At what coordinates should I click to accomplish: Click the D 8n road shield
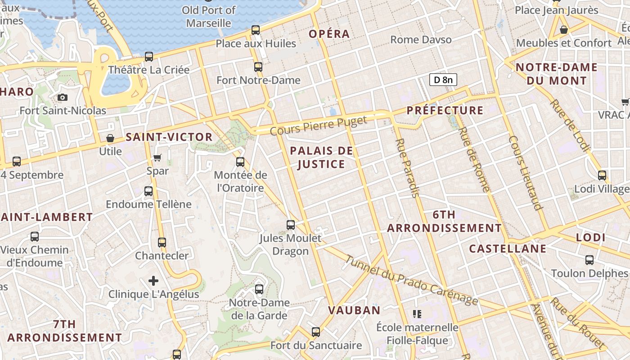tap(443, 80)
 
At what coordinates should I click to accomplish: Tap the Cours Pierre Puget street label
tap(319, 126)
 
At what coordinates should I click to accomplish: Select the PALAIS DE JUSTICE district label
tap(321, 157)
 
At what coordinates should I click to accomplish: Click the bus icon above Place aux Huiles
tap(256, 30)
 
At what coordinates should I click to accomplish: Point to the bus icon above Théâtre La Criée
tap(149, 57)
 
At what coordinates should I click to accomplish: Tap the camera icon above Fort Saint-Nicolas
tap(63, 97)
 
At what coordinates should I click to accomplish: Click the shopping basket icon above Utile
tap(110, 138)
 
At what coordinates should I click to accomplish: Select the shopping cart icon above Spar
tap(157, 157)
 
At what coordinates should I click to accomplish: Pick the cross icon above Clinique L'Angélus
tap(153, 281)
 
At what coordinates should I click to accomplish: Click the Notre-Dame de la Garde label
tap(259, 309)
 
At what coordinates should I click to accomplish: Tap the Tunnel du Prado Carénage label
tap(411, 280)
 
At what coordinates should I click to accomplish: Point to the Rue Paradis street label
tap(407, 167)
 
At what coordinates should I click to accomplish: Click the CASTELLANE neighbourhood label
tap(508, 249)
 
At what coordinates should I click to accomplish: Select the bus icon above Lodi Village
tap(602, 175)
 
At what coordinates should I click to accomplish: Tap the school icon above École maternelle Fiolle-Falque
tap(417, 314)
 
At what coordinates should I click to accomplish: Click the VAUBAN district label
tap(354, 310)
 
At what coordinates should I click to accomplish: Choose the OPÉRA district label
tap(329, 34)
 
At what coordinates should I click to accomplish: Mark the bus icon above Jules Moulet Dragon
tap(291, 225)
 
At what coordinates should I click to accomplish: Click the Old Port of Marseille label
tap(209, 16)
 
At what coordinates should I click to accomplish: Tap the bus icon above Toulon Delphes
tap(589, 260)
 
